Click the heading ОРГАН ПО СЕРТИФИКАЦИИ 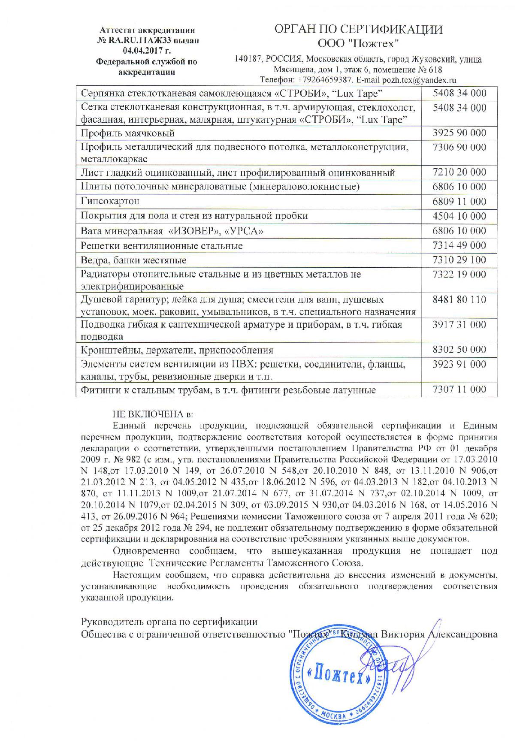click(358, 29)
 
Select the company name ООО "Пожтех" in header click(358, 43)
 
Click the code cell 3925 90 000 click(459, 133)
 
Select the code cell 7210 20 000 click(459, 172)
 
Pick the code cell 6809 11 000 click(459, 201)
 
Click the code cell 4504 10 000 click(459, 216)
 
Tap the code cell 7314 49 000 click(459, 245)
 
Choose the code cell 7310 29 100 click(459, 260)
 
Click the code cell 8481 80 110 click(459, 299)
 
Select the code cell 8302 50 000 click(459, 349)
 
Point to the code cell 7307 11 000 click(459, 390)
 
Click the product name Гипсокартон click(110, 201)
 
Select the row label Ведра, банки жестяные click(133, 260)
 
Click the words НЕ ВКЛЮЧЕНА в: click(153, 414)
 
